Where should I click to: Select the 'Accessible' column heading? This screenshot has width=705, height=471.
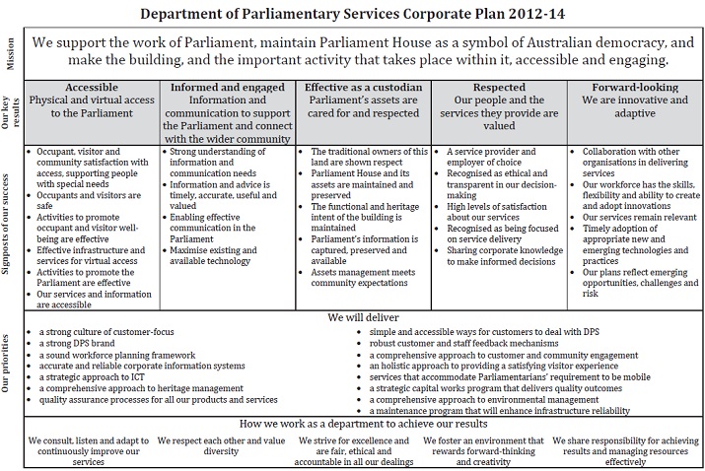(92, 87)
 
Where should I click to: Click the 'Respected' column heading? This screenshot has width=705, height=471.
(500, 87)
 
